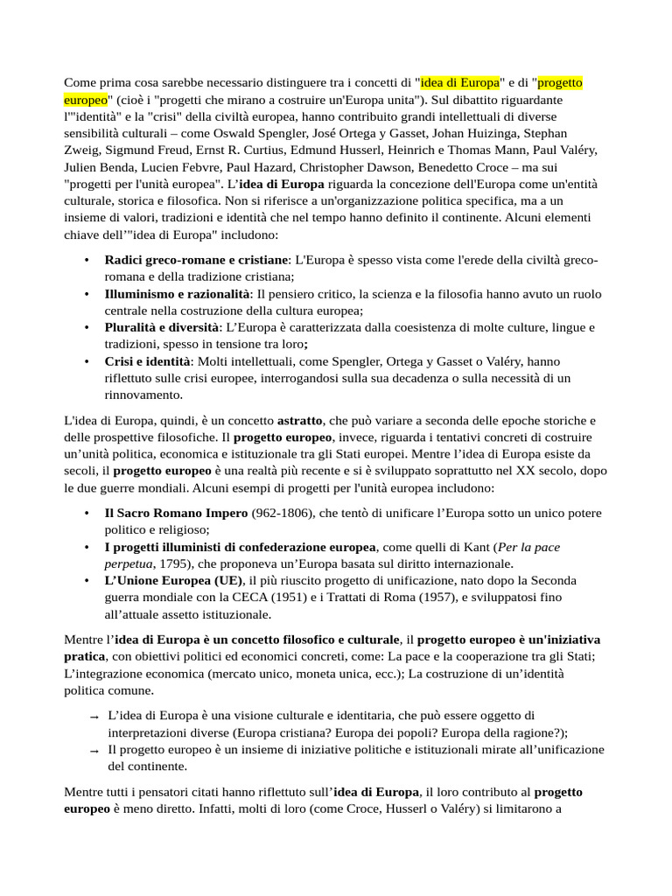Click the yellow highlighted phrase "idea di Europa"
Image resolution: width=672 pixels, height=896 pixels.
click(460, 82)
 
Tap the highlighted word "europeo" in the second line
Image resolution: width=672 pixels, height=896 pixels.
click(86, 99)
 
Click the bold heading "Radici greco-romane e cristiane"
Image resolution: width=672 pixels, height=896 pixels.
click(196, 260)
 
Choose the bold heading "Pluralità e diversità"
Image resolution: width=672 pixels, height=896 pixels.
click(162, 327)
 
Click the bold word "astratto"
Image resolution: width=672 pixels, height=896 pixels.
click(299, 420)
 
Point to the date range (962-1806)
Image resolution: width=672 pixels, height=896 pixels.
click(279, 513)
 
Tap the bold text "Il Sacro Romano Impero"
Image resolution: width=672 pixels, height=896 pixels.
click(176, 513)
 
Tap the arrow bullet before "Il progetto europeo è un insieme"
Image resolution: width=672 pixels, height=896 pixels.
click(94, 751)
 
